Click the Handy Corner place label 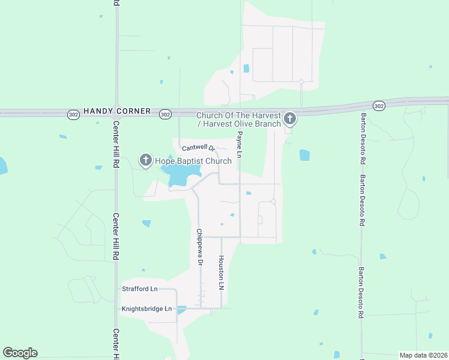point(112,112)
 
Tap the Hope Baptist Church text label point(193,161)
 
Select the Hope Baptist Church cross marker point(145,160)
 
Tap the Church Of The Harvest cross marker point(290,118)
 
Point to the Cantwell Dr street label point(198,148)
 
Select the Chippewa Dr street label point(200,247)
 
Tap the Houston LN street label point(221,273)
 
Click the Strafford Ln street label point(139,289)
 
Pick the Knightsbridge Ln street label point(146,309)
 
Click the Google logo point(20,353)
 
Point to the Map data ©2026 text point(423,355)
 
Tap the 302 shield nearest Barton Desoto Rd point(378,106)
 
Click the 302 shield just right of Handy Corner point(166,114)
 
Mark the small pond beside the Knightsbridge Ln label point(181,310)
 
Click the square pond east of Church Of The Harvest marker point(304,155)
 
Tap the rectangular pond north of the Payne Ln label point(246,68)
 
